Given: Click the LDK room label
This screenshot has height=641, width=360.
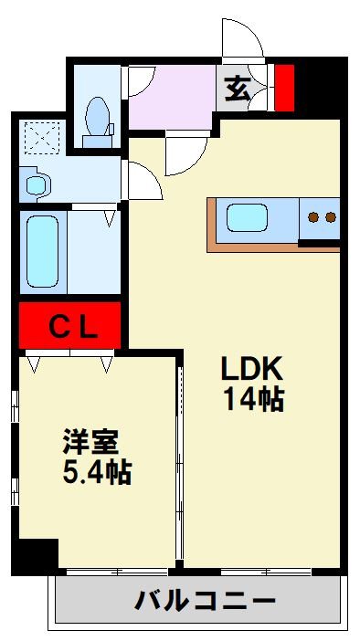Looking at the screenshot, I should (253, 369).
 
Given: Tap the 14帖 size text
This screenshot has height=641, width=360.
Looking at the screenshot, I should (253, 399).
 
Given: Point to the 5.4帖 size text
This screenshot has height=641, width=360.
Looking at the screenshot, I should (97, 473).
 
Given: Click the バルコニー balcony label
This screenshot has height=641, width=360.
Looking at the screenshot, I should (206, 602).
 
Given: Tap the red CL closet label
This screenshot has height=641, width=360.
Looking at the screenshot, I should (71, 326).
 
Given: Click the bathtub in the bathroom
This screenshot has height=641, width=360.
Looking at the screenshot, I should (42, 251).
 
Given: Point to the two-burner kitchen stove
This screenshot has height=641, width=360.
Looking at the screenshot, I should (321, 218).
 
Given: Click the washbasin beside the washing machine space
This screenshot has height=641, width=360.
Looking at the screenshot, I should (37, 185).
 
